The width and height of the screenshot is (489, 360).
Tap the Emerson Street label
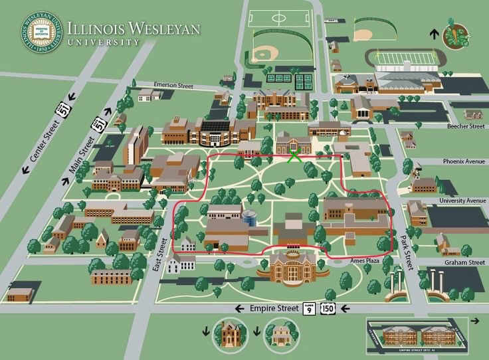[173, 85]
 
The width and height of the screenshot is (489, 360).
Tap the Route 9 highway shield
[309, 309]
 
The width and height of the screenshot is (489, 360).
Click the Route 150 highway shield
[327, 309]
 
